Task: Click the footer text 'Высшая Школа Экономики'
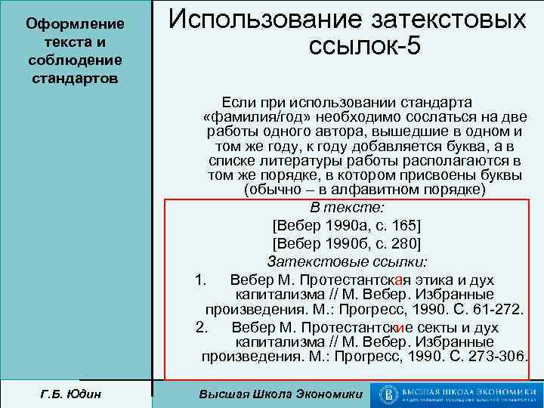(x=280, y=394)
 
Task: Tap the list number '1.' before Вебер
(x=200, y=280)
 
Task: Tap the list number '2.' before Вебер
(x=201, y=327)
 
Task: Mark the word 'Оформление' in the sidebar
(x=75, y=24)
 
